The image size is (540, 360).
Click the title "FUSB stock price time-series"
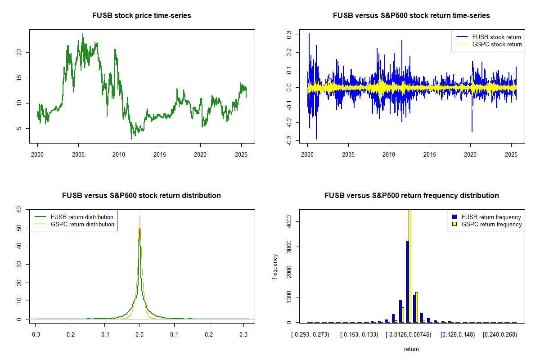pyautogui.click(x=142, y=16)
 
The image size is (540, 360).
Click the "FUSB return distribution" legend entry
pyautogui.click(x=82, y=217)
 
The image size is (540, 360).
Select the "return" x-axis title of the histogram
pyautogui.click(x=411, y=349)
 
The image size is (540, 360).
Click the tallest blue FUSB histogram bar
pyautogui.click(x=407, y=281)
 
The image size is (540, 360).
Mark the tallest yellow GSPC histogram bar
pyautogui.click(x=410, y=265)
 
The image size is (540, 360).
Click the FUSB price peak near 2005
pyautogui.click(x=83, y=34)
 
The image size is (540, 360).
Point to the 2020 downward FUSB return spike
pyautogui.click(x=472, y=130)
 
